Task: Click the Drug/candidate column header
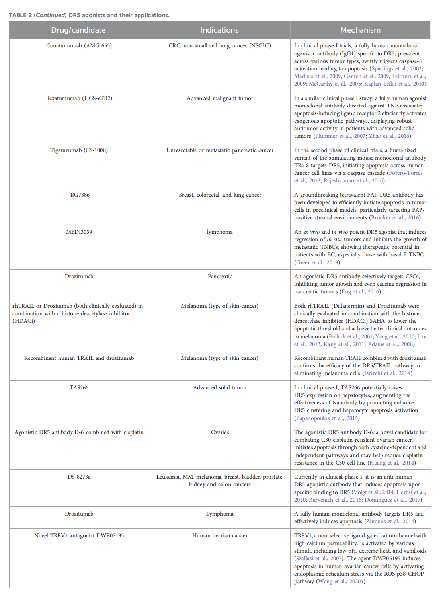click(78, 30)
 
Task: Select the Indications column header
click(219, 30)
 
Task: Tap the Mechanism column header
click(360, 30)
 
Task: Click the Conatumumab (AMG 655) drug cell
click(79, 46)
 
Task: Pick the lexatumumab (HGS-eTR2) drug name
click(80, 98)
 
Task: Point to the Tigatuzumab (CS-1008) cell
click(79, 150)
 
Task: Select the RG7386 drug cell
click(80, 195)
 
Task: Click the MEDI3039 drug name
click(79, 232)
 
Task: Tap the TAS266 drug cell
click(79, 388)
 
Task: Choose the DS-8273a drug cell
click(79, 477)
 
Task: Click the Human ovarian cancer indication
click(220, 536)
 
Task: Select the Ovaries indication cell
click(220, 432)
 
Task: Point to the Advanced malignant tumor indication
click(220, 98)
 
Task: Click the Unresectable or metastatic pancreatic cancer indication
click(220, 150)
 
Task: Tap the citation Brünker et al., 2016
click(394, 218)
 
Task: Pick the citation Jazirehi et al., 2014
click(387, 373)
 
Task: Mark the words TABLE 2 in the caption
click(20, 15)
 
